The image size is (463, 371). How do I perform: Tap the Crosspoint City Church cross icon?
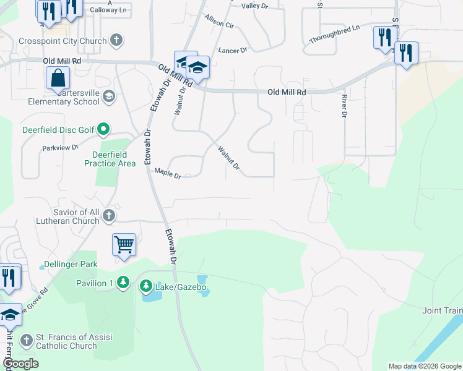(x=116, y=41)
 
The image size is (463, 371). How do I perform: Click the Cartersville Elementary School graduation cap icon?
(x=109, y=96)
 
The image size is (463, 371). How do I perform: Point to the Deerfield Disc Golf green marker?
(x=103, y=129)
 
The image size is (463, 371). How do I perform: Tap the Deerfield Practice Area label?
(x=110, y=159)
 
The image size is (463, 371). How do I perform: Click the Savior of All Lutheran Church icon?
(x=109, y=216)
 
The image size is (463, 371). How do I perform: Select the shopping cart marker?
(x=124, y=244)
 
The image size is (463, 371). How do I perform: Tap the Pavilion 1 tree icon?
(x=123, y=283)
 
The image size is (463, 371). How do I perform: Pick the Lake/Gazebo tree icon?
(x=145, y=286)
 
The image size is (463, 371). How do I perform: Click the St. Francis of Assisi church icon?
(x=26, y=340)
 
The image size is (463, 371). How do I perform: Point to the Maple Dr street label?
(x=167, y=174)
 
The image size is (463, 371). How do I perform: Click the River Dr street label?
(x=344, y=106)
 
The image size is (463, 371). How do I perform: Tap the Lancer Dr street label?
(x=232, y=50)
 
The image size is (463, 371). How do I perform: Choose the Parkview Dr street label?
(x=60, y=148)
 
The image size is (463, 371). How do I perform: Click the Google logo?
(x=20, y=364)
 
